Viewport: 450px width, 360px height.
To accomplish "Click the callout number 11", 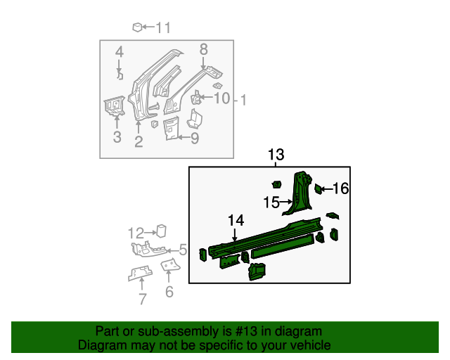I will [x=162, y=28].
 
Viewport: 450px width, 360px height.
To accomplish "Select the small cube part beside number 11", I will [x=137, y=27].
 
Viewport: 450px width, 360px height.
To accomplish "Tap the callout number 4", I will [x=120, y=52].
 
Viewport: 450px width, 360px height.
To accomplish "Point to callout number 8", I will [x=204, y=49].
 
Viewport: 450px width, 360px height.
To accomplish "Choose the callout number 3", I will [x=117, y=136].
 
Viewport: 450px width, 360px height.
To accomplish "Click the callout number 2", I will [x=139, y=141].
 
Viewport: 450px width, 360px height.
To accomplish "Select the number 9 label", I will [x=194, y=139].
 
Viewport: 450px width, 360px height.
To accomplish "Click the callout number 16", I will [x=340, y=188].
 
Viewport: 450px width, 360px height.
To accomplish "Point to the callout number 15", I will [x=271, y=203].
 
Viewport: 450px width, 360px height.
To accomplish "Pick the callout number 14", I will [x=236, y=221].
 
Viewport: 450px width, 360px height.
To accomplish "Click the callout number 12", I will [x=136, y=233].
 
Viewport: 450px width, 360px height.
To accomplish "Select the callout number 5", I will [x=182, y=250].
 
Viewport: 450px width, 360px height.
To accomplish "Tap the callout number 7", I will [x=143, y=300].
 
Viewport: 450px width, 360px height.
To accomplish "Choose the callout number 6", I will [x=169, y=292].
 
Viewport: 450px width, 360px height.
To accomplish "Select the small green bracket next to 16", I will [x=319, y=188].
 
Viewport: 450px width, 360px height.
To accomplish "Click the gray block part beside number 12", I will [x=160, y=231].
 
